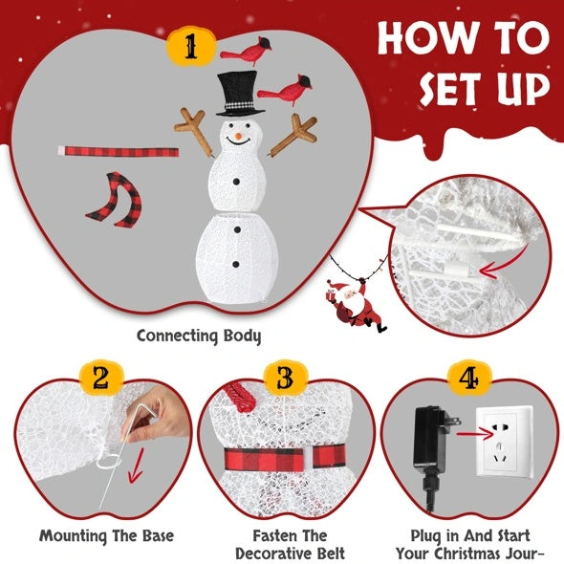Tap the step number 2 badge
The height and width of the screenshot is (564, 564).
[x=98, y=380]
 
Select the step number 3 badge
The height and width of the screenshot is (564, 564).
[x=284, y=380]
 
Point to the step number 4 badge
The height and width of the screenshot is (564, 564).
[x=468, y=380]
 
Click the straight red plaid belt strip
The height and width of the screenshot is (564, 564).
[x=119, y=152]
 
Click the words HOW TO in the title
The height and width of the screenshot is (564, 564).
[x=463, y=38]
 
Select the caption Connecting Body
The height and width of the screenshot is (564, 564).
[x=198, y=336]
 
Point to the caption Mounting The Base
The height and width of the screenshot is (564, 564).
[x=94, y=536]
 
